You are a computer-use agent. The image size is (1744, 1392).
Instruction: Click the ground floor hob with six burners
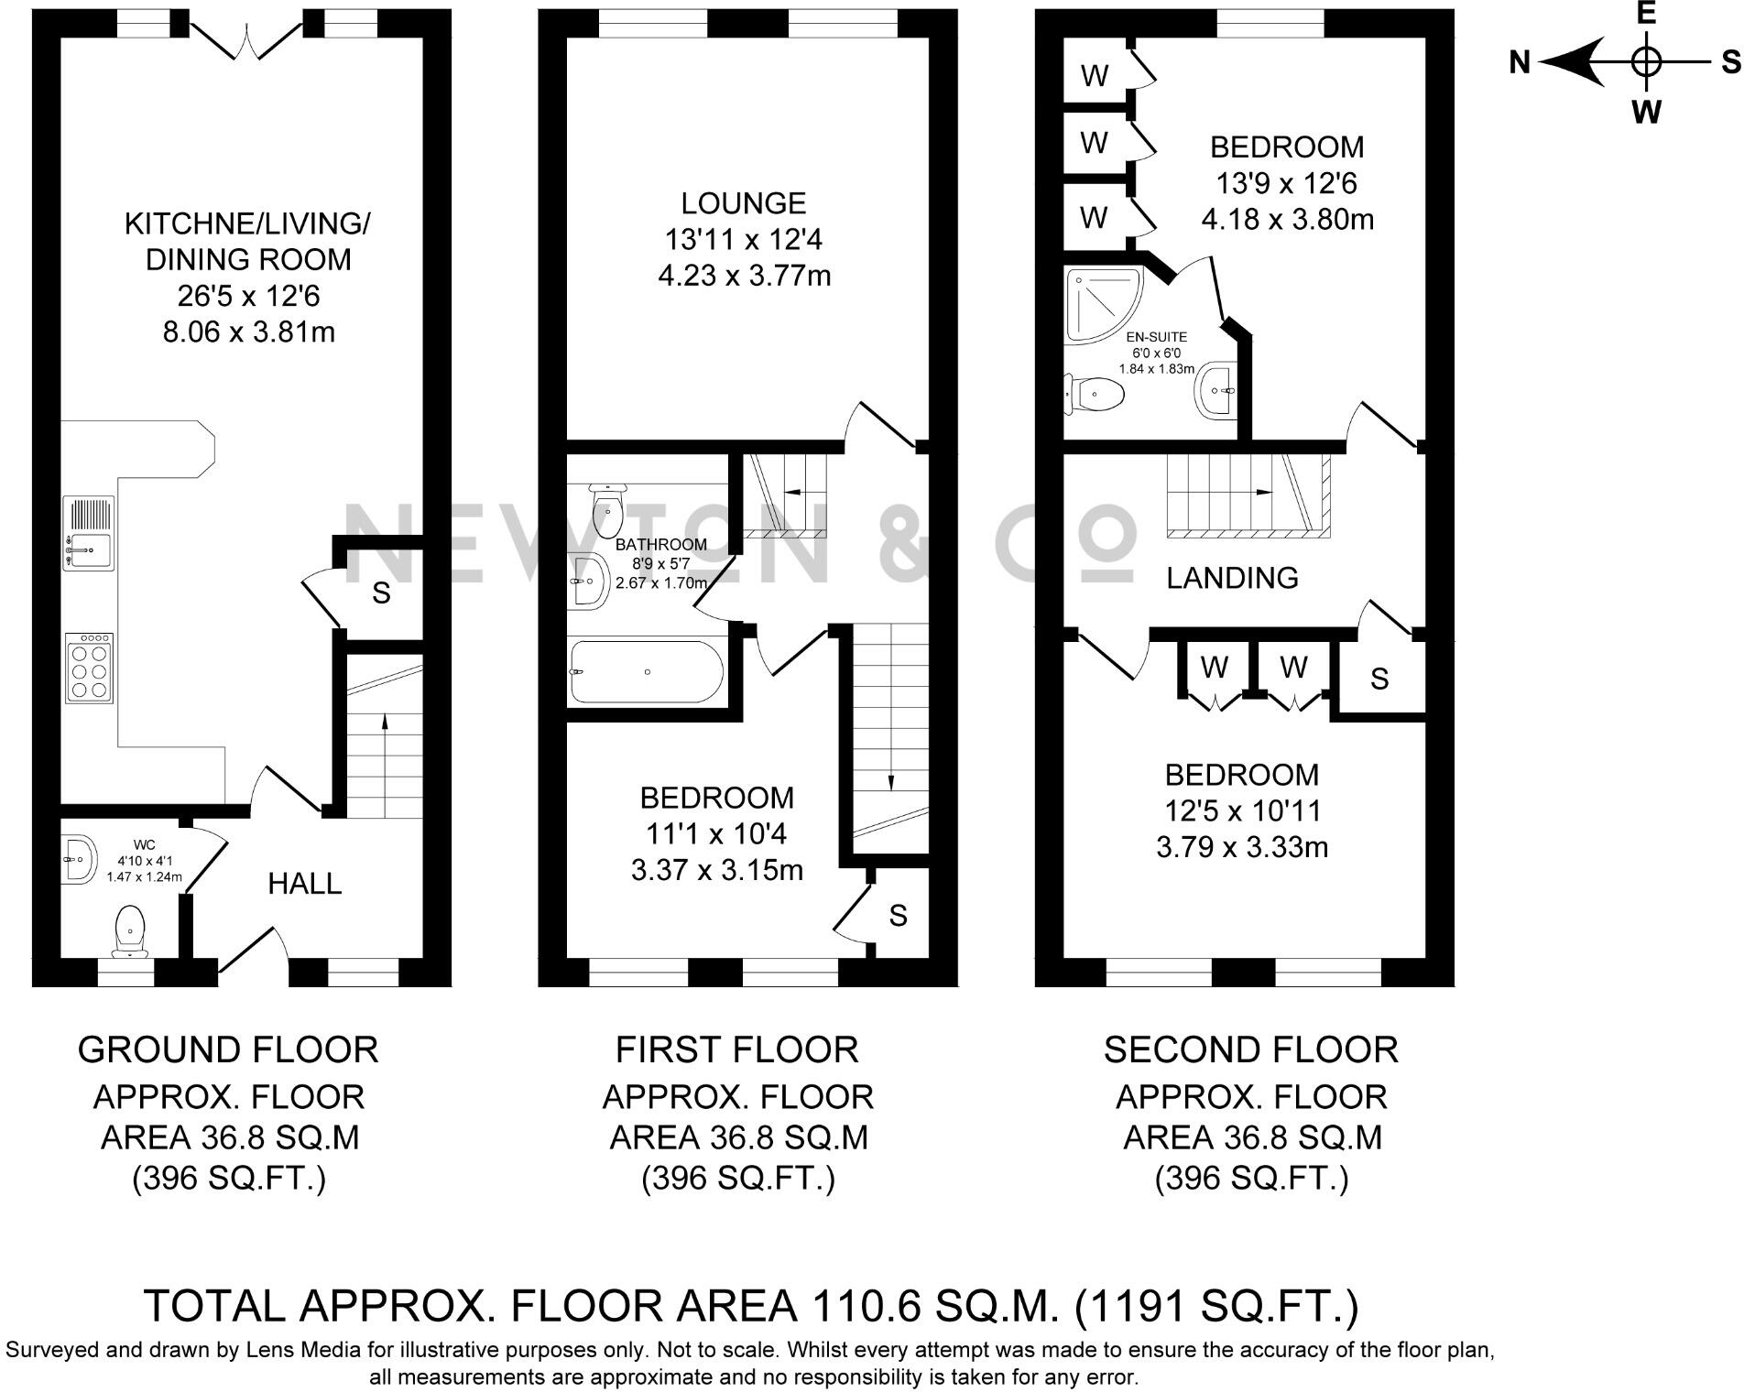90,668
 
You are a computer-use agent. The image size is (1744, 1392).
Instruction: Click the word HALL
305,884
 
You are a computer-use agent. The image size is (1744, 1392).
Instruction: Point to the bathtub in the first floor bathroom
647,672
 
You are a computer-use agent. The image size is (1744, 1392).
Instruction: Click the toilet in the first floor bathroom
606,511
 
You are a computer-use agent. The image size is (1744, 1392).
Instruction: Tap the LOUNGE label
744,203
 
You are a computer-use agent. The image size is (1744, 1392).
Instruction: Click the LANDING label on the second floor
1232,578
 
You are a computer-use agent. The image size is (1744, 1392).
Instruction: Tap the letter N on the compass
1520,62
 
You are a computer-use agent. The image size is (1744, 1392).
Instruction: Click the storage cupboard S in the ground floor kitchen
382,593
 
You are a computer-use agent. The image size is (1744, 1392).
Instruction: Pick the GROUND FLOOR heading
228,1049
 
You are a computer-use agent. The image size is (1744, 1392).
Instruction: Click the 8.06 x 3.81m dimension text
249,332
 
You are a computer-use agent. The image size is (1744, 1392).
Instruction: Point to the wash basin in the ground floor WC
81,859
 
